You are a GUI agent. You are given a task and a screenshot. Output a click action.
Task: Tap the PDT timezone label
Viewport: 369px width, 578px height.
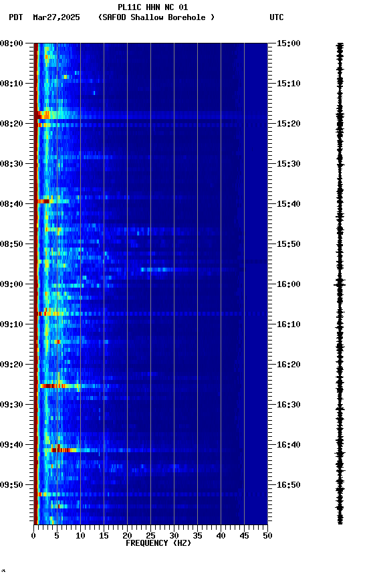(x=16, y=17)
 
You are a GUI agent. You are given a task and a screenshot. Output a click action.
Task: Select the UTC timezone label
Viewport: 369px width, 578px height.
(x=277, y=17)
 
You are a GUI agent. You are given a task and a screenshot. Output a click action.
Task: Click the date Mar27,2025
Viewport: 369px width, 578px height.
(x=56, y=17)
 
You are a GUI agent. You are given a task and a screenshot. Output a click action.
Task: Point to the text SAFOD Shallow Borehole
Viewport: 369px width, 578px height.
(x=156, y=17)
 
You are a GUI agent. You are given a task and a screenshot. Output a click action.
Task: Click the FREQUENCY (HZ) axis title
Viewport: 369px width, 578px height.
(x=158, y=543)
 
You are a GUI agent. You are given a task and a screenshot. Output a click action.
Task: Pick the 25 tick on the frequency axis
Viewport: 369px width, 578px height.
(x=150, y=535)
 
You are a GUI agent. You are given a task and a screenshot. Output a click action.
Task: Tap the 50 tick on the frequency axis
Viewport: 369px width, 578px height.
(x=267, y=535)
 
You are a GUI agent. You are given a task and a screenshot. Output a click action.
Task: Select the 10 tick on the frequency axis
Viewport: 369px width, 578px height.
(x=80, y=535)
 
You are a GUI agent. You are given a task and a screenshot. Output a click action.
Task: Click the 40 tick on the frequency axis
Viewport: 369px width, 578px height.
(x=221, y=535)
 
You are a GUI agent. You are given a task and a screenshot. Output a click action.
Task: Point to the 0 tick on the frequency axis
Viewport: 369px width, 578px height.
(x=33, y=535)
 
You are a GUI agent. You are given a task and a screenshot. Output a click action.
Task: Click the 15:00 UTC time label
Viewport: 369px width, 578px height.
(x=289, y=43)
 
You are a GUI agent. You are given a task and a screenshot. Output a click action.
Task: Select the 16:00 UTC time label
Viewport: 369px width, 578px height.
(x=289, y=284)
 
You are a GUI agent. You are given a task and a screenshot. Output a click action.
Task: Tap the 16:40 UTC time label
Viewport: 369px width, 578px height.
(x=289, y=445)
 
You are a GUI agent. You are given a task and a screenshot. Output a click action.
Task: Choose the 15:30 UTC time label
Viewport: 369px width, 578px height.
(x=289, y=164)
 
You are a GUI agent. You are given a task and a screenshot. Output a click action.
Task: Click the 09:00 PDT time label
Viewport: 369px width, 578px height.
(x=12, y=284)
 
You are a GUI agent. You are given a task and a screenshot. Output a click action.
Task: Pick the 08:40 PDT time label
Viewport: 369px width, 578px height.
(x=12, y=204)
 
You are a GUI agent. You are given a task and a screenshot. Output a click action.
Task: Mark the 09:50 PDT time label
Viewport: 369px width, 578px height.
(x=12, y=485)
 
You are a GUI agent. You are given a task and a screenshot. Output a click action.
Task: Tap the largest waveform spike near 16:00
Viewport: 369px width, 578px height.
(x=340, y=284)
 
